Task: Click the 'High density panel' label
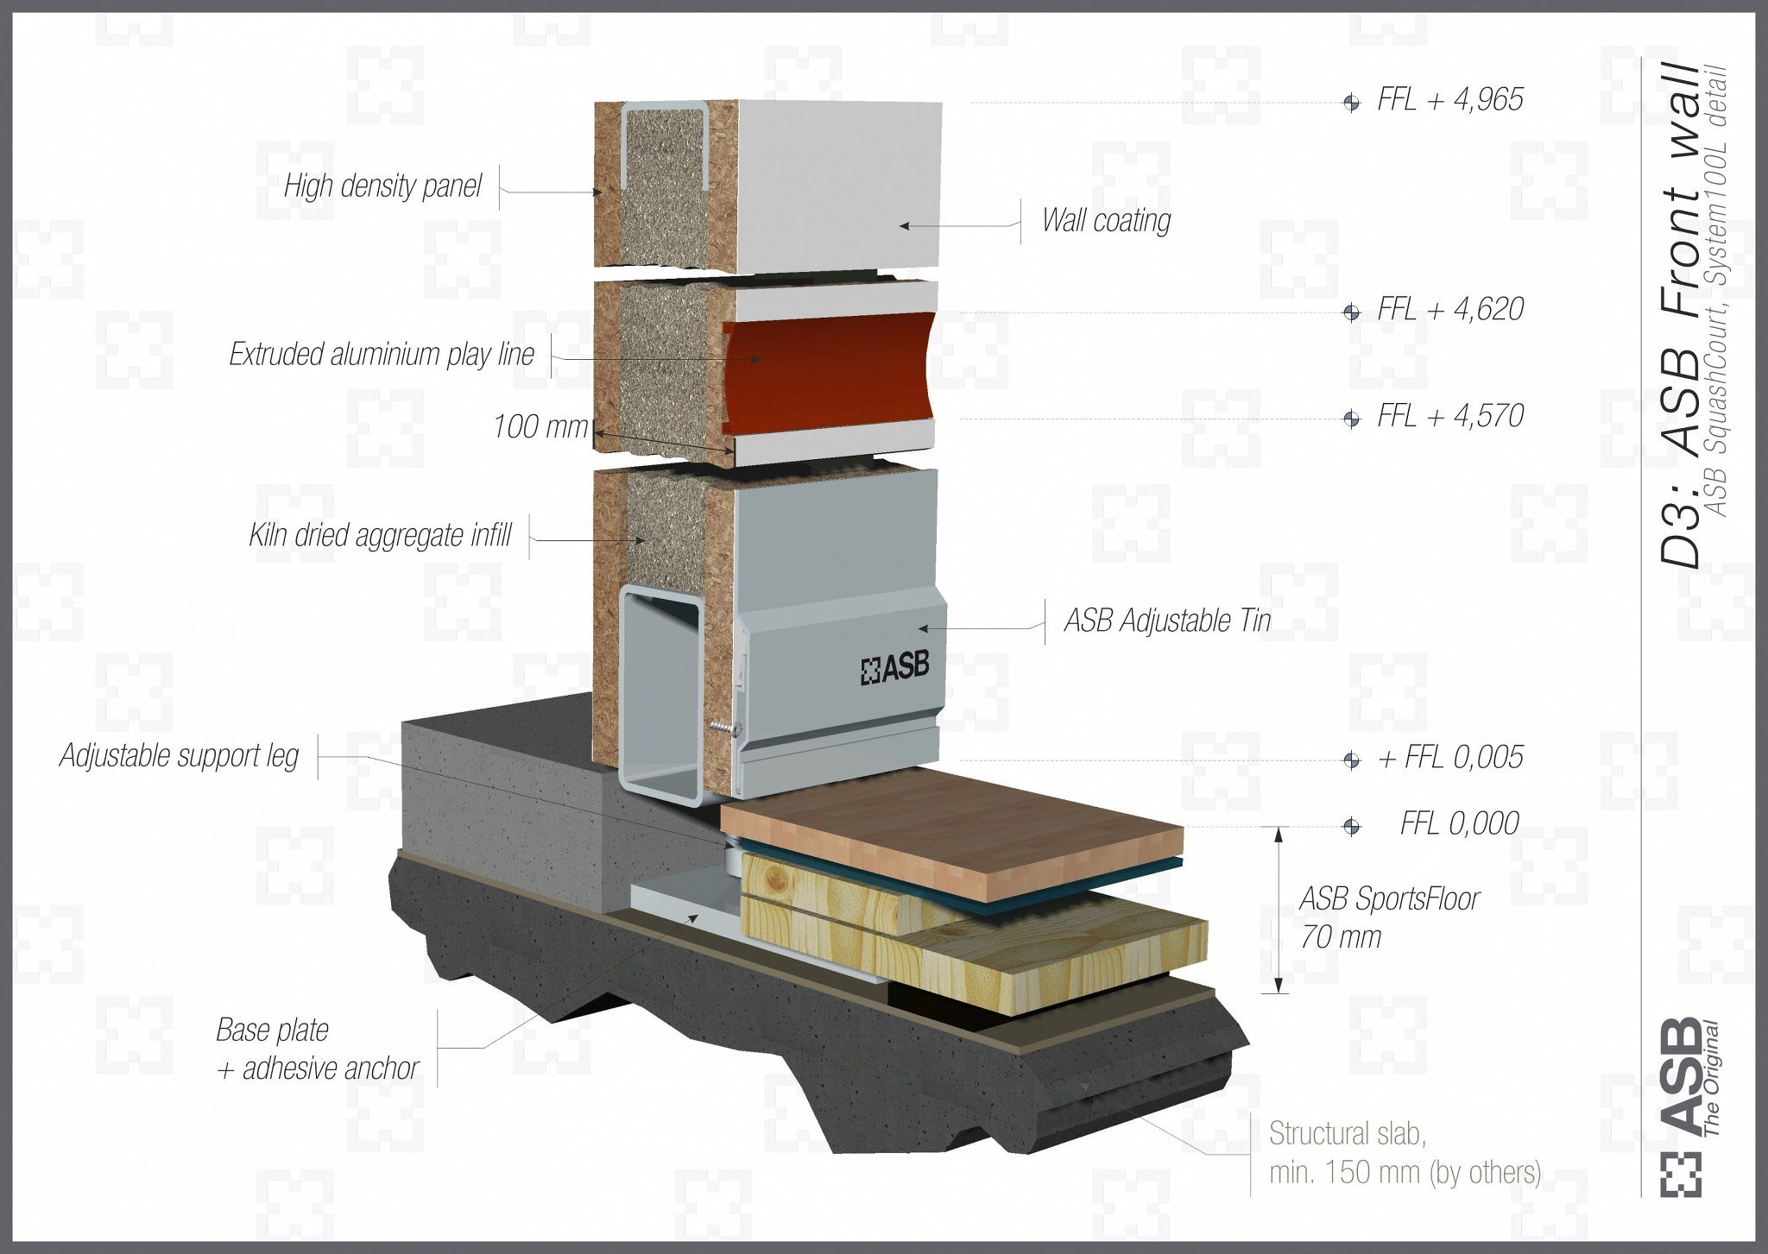pyautogui.click(x=382, y=186)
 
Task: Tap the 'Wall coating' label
pyautogui.click(x=1106, y=221)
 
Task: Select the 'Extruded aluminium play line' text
pyautogui.click(x=382, y=355)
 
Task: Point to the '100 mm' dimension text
pyautogui.click(x=540, y=426)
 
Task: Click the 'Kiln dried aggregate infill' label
pyautogui.click(x=380, y=535)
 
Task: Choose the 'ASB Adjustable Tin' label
pyautogui.click(x=1167, y=621)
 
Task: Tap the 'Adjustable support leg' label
pyautogui.click(x=179, y=756)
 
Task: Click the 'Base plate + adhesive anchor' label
pyautogui.click(x=317, y=1049)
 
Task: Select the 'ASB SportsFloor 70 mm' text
pyautogui.click(x=1389, y=917)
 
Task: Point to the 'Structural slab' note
pyautogui.click(x=1405, y=1153)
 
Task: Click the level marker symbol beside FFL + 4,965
pyautogui.click(x=1351, y=103)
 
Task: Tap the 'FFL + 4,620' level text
pyautogui.click(x=1450, y=309)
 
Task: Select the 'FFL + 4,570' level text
pyautogui.click(x=1450, y=416)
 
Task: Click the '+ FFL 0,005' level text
pyautogui.click(x=1450, y=758)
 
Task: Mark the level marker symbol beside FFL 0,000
pyautogui.click(x=1351, y=827)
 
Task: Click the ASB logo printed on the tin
pyautogui.click(x=895, y=668)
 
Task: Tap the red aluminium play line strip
pyautogui.click(x=829, y=372)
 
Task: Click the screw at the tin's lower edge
pyautogui.click(x=725, y=729)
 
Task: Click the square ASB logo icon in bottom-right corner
pyautogui.click(x=1681, y=1175)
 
